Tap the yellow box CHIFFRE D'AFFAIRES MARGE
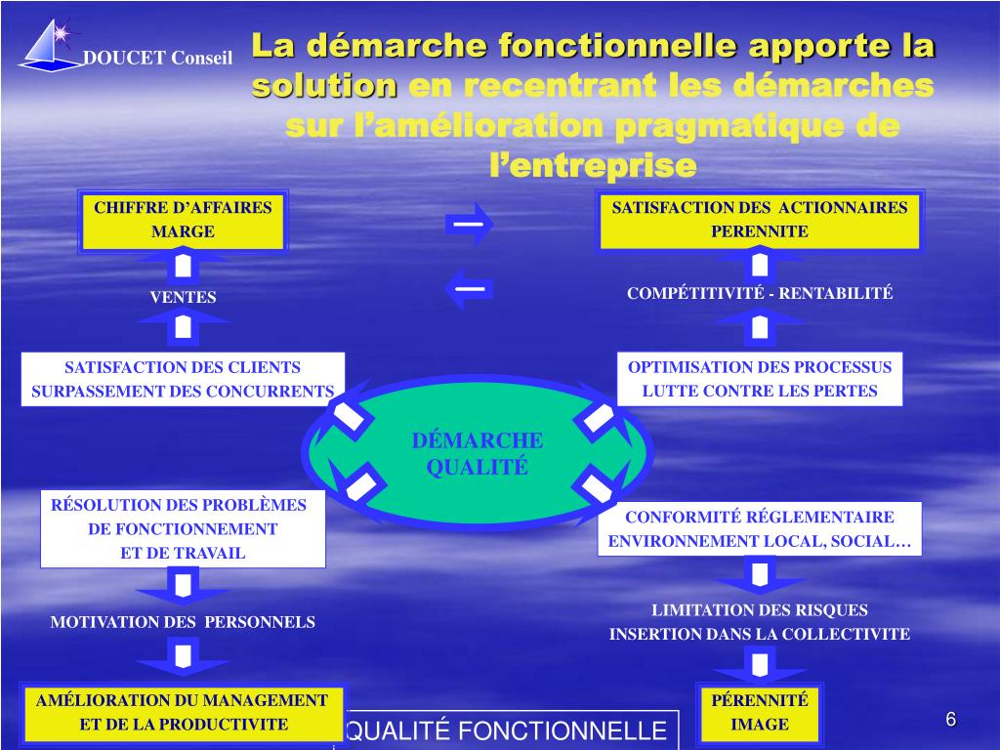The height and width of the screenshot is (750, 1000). [x=183, y=220]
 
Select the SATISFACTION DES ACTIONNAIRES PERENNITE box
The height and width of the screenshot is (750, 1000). [x=759, y=220]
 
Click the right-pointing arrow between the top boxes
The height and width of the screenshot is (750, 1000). [x=469, y=224]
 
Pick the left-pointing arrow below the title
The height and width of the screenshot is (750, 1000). [x=469, y=289]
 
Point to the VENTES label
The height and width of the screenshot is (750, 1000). [x=183, y=298]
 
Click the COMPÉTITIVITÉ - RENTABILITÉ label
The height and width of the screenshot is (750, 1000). [x=760, y=293]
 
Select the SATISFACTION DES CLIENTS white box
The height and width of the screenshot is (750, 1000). [x=183, y=379]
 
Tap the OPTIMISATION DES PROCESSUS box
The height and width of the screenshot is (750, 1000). [x=760, y=379]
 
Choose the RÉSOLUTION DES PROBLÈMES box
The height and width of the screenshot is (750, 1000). [x=183, y=529]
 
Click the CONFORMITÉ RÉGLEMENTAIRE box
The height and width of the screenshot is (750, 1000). [x=760, y=529]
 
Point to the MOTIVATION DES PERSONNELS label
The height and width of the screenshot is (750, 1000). [x=183, y=621]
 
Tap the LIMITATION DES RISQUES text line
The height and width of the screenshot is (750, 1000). [x=760, y=610]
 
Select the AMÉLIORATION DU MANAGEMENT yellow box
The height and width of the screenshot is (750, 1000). [x=183, y=712]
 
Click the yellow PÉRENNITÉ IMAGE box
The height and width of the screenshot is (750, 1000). [x=760, y=712]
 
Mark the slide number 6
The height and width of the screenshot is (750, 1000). [x=950, y=721]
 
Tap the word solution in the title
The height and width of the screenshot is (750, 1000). [x=324, y=86]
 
